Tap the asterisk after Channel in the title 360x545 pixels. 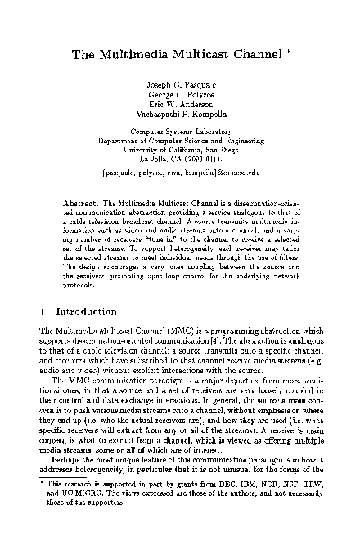click(x=268, y=52)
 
